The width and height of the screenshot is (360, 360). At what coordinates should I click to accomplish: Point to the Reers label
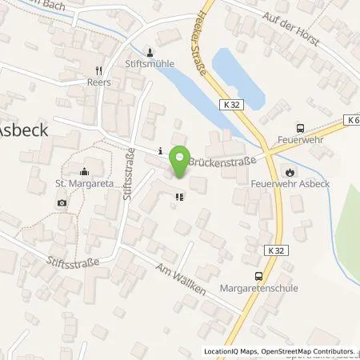99,82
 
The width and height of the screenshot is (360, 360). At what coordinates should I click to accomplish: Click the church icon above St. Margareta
84,170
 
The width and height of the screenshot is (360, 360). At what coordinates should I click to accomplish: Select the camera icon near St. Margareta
62,202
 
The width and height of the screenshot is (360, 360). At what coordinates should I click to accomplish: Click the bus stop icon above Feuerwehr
300,128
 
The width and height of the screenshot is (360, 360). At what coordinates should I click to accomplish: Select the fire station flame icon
290,170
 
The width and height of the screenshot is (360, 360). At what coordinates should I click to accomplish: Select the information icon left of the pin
161,150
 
